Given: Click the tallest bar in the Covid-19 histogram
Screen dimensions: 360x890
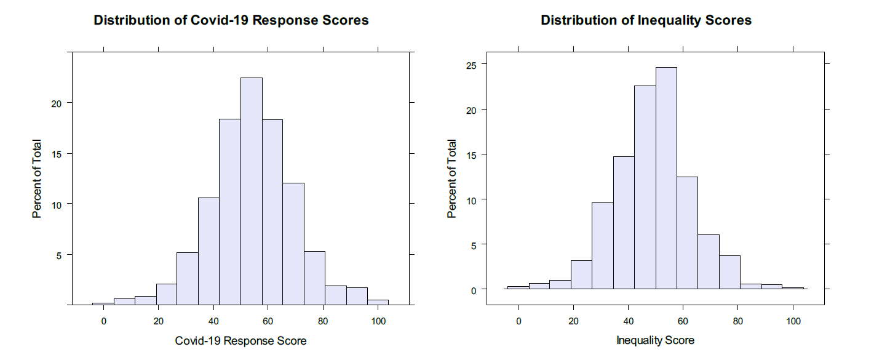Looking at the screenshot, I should point(252,191).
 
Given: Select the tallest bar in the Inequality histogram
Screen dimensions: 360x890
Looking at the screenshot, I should point(666,178).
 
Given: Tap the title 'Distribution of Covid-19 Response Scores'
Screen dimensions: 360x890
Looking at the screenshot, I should point(231,20).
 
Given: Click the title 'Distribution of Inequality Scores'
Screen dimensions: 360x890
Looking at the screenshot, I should point(646,20).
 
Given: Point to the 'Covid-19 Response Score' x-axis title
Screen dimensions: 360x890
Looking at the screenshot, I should point(240,340).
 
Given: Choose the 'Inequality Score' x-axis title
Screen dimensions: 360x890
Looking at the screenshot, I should point(655,340).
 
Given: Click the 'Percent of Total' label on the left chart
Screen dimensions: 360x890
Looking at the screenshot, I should point(38,178).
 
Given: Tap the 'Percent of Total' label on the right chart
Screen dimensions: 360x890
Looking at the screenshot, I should point(452,178).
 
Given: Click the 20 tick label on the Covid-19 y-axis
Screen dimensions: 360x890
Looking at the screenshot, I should point(55,103).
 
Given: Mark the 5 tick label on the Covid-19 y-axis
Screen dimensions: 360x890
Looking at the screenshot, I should point(59,255).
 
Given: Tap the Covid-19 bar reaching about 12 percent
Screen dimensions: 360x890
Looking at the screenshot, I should point(293,244).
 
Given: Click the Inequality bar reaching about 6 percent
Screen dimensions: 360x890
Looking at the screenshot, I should point(709,262).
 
